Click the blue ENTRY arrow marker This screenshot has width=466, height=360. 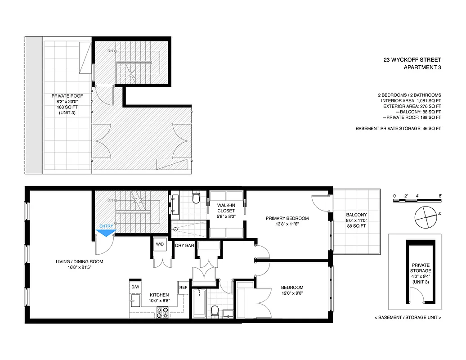[107, 232]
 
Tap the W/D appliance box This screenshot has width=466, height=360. [160, 244]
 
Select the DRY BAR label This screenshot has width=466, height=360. [184, 246]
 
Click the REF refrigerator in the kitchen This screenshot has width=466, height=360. [183, 287]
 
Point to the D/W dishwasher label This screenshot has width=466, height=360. [135, 287]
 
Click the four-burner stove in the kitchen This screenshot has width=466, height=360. [162, 312]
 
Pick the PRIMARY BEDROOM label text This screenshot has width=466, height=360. [287, 218]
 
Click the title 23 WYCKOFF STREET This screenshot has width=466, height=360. [412, 59]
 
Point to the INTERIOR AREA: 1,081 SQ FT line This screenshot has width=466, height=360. [409, 101]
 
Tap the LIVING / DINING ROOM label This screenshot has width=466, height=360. [80, 262]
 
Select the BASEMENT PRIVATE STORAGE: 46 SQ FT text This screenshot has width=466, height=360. [398, 129]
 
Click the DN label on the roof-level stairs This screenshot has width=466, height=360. [110, 51]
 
